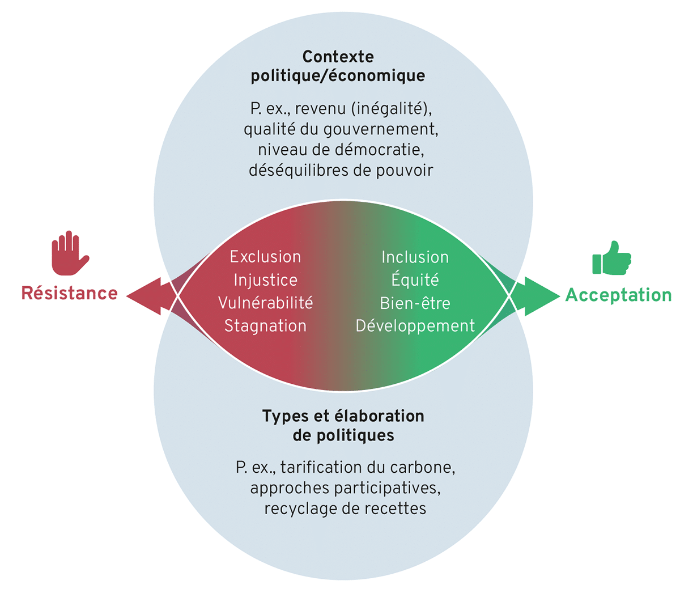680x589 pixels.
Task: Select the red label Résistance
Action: click(x=70, y=293)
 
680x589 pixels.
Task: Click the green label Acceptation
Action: click(x=618, y=295)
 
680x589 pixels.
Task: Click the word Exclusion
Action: click(x=265, y=257)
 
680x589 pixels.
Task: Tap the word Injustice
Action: click(x=265, y=280)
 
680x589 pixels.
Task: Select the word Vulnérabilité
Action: click(x=265, y=303)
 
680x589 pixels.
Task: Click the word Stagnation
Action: click(x=265, y=326)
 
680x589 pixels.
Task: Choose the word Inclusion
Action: click(x=415, y=257)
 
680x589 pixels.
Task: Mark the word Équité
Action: click(x=415, y=279)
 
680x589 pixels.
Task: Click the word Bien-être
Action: click(x=415, y=303)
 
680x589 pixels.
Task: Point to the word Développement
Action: click(x=415, y=326)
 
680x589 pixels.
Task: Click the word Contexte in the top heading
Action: click(x=338, y=57)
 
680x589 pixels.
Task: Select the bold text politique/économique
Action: click(x=338, y=76)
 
